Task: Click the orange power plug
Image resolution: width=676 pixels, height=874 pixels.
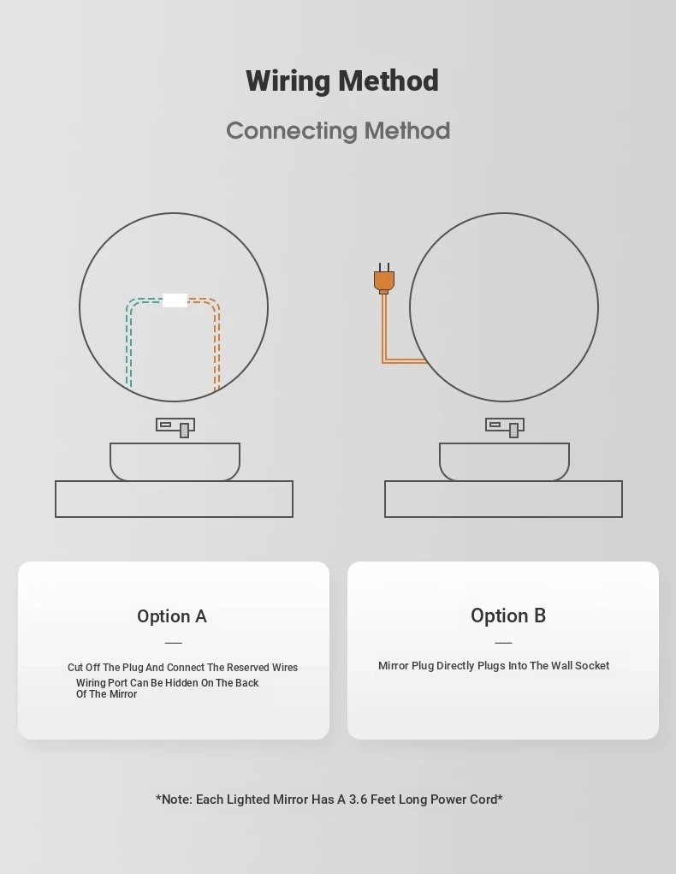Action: [384, 279]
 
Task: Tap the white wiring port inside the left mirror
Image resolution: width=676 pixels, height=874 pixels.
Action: [175, 300]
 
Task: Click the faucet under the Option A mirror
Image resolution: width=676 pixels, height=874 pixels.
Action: [175, 427]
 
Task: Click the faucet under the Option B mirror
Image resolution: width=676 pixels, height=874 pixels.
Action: [505, 427]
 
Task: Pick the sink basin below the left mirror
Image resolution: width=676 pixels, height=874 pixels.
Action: [175, 461]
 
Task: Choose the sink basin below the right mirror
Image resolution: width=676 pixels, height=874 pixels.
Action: [504, 461]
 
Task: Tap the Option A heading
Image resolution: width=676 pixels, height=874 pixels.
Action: [172, 616]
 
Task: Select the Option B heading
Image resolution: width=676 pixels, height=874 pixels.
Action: [508, 615]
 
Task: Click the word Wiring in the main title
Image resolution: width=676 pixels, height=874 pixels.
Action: [288, 81]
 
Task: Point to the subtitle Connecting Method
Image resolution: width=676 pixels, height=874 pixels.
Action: [338, 131]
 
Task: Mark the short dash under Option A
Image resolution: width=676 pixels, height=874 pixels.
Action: [174, 643]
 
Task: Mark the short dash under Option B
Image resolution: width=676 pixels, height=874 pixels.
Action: [503, 643]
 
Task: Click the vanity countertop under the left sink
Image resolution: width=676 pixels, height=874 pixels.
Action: [174, 499]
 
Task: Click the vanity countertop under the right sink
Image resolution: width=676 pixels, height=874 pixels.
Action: [503, 499]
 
